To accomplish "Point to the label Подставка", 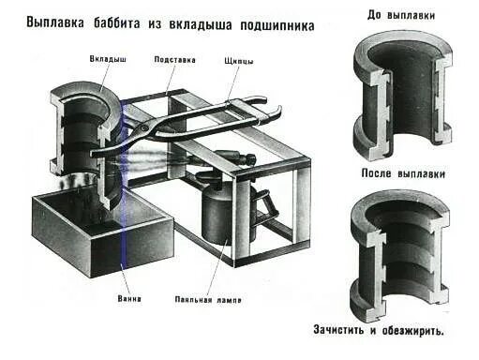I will click(174, 59).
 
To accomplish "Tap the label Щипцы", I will click(239, 59).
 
